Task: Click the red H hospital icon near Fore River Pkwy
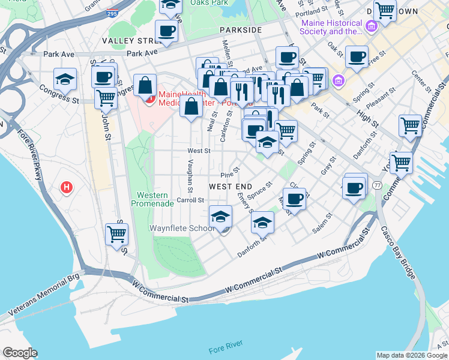click(x=67, y=188)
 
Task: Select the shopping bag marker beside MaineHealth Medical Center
click(x=145, y=85)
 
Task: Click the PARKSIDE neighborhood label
click(x=240, y=29)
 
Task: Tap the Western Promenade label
click(x=155, y=199)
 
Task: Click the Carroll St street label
click(x=191, y=200)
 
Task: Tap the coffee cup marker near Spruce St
click(x=294, y=199)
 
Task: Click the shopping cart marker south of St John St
click(x=116, y=234)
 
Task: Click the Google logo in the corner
click(x=20, y=353)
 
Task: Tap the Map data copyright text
click(x=411, y=355)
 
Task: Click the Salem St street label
click(x=322, y=224)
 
